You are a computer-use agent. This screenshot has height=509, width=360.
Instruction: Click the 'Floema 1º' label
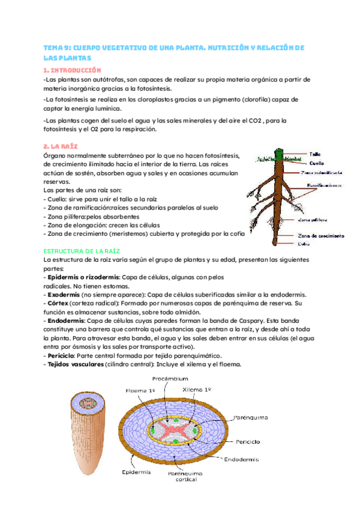(140, 390)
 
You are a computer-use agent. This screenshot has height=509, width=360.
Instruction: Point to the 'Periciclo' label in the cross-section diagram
(247, 441)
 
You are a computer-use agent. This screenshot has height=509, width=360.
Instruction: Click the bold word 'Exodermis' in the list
(62, 294)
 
